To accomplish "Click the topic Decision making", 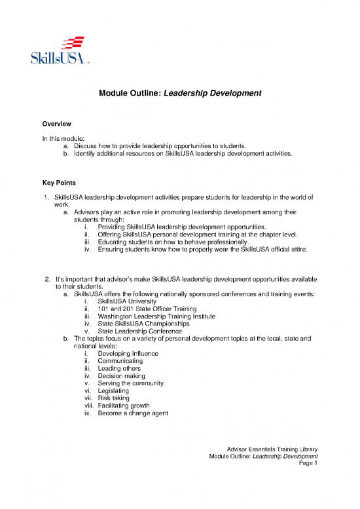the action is (x=124, y=376).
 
